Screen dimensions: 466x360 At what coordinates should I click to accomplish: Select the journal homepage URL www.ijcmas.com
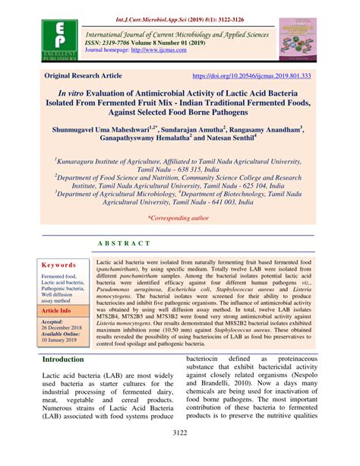[x=159, y=53]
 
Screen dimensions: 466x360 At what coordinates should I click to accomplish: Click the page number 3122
[x=180, y=455]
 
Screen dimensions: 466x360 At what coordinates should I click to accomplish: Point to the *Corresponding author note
[x=179, y=217]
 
